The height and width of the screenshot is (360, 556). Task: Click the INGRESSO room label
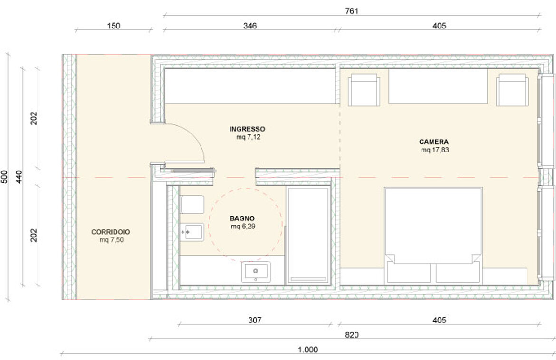(x=247, y=129)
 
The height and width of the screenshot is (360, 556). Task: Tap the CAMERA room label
(x=434, y=142)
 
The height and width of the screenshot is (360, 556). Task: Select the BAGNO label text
(x=242, y=218)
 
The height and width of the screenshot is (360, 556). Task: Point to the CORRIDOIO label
(x=111, y=232)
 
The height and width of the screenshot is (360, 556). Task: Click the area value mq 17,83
(x=435, y=150)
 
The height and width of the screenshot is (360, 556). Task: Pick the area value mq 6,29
(x=243, y=227)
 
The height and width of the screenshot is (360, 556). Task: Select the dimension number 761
(x=352, y=11)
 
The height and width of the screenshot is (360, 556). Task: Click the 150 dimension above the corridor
(x=114, y=26)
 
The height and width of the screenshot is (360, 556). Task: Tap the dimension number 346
(x=250, y=26)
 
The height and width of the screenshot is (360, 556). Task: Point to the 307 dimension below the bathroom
(x=255, y=320)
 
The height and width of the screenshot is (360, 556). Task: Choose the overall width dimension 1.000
(x=308, y=350)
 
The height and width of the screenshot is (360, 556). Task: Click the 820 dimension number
(x=352, y=335)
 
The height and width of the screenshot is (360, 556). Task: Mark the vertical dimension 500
(x=4, y=177)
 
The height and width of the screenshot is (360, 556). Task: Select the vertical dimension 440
(x=19, y=177)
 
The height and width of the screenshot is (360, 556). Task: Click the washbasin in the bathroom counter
(x=256, y=272)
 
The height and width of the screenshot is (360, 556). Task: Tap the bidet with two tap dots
(x=192, y=232)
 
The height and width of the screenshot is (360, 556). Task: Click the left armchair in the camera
(x=364, y=90)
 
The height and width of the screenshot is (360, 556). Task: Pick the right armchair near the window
(x=512, y=90)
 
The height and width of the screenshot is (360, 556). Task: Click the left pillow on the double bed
(x=408, y=272)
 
